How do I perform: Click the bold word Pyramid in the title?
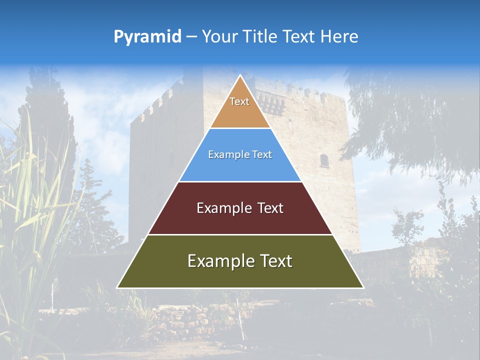click(147, 37)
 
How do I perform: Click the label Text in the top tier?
click(239, 101)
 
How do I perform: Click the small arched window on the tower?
click(324, 160)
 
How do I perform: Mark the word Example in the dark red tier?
click(223, 208)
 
